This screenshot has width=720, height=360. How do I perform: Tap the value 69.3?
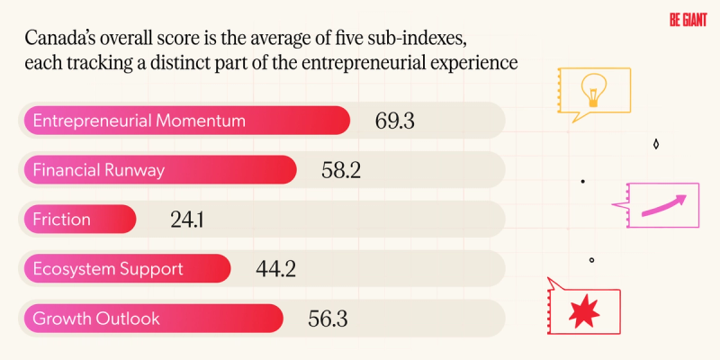(x=392, y=121)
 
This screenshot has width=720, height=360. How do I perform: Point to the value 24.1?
(x=187, y=219)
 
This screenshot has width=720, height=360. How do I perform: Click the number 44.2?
(x=276, y=267)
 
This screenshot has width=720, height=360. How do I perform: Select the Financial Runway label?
(x=98, y=169)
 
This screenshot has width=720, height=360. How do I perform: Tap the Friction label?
(x=61, y=219)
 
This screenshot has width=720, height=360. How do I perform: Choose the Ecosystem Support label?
(x=108, y=268)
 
